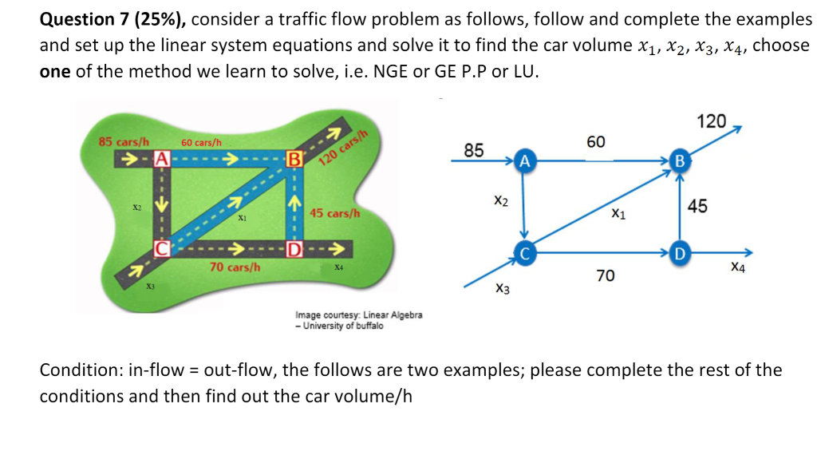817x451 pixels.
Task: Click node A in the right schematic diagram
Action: (523, 160)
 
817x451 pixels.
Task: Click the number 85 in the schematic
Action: (473, 150)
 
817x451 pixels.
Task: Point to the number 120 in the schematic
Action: (711, 122)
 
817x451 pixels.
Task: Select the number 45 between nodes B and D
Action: (697, 207)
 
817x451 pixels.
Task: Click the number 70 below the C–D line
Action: (606, 276)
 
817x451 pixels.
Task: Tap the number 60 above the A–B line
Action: (595, 142)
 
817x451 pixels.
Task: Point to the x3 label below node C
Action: (503, 288)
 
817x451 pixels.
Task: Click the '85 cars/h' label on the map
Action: (124, 142)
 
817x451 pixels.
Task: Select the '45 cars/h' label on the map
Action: (335, 214)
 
